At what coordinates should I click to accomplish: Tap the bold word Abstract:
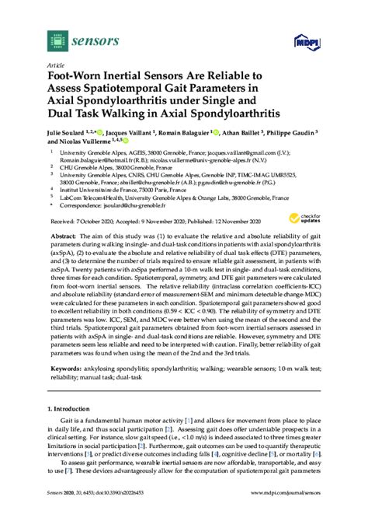pyautogui.click(x=64, y=234)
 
